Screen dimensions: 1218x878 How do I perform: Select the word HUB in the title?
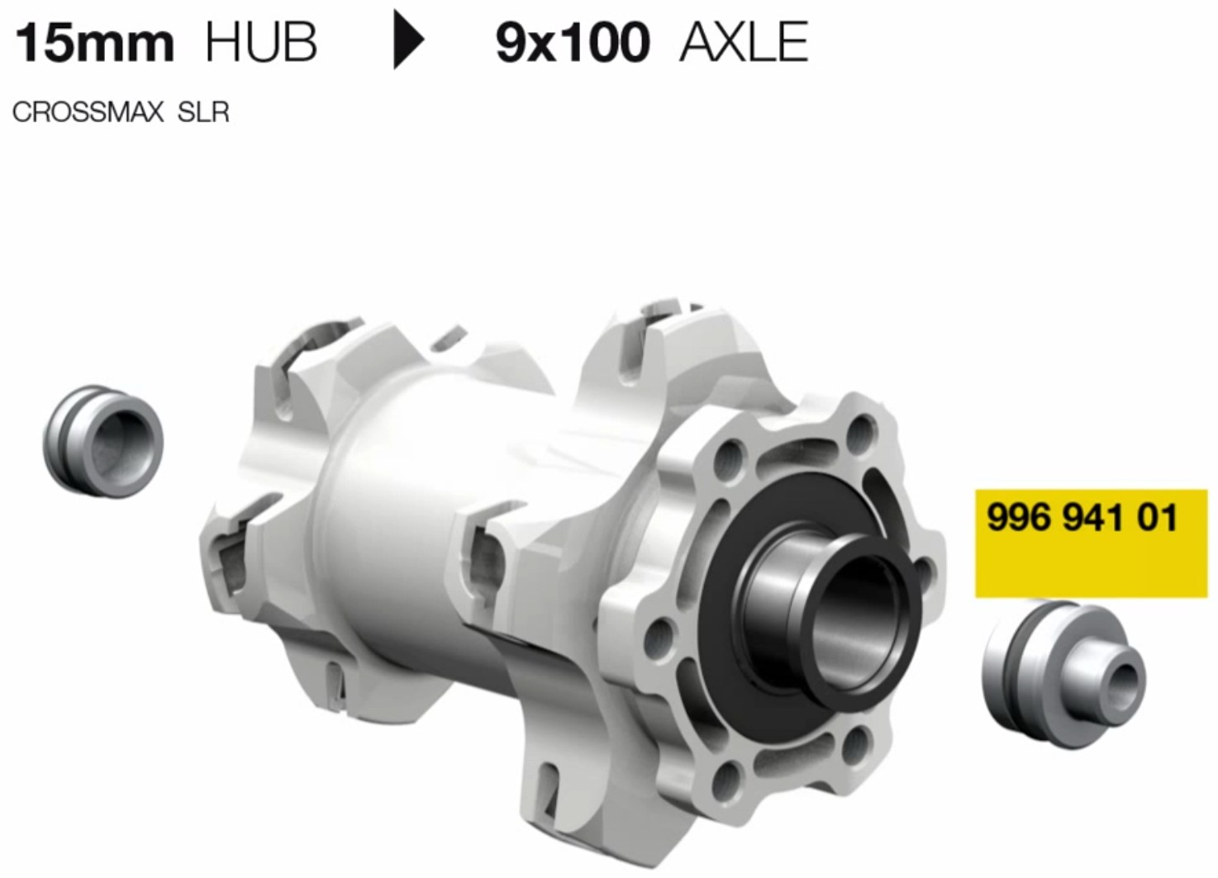pos(262,43)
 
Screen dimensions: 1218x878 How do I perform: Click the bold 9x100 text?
pos(573,43)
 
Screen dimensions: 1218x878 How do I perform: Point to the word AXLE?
pos(744,43)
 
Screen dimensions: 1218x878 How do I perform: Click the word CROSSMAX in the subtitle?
pos(88,112)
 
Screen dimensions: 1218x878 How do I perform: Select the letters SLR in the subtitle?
pos(203,112)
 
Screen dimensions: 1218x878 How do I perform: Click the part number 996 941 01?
pos(1082,517)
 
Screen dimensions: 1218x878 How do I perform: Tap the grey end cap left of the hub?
pos(102,441)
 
